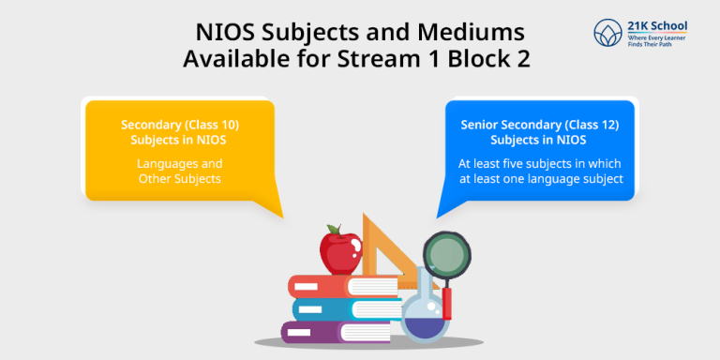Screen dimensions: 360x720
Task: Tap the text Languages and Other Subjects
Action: click(x=180, y=171)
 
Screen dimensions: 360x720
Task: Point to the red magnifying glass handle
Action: click(x=447, y=302)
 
